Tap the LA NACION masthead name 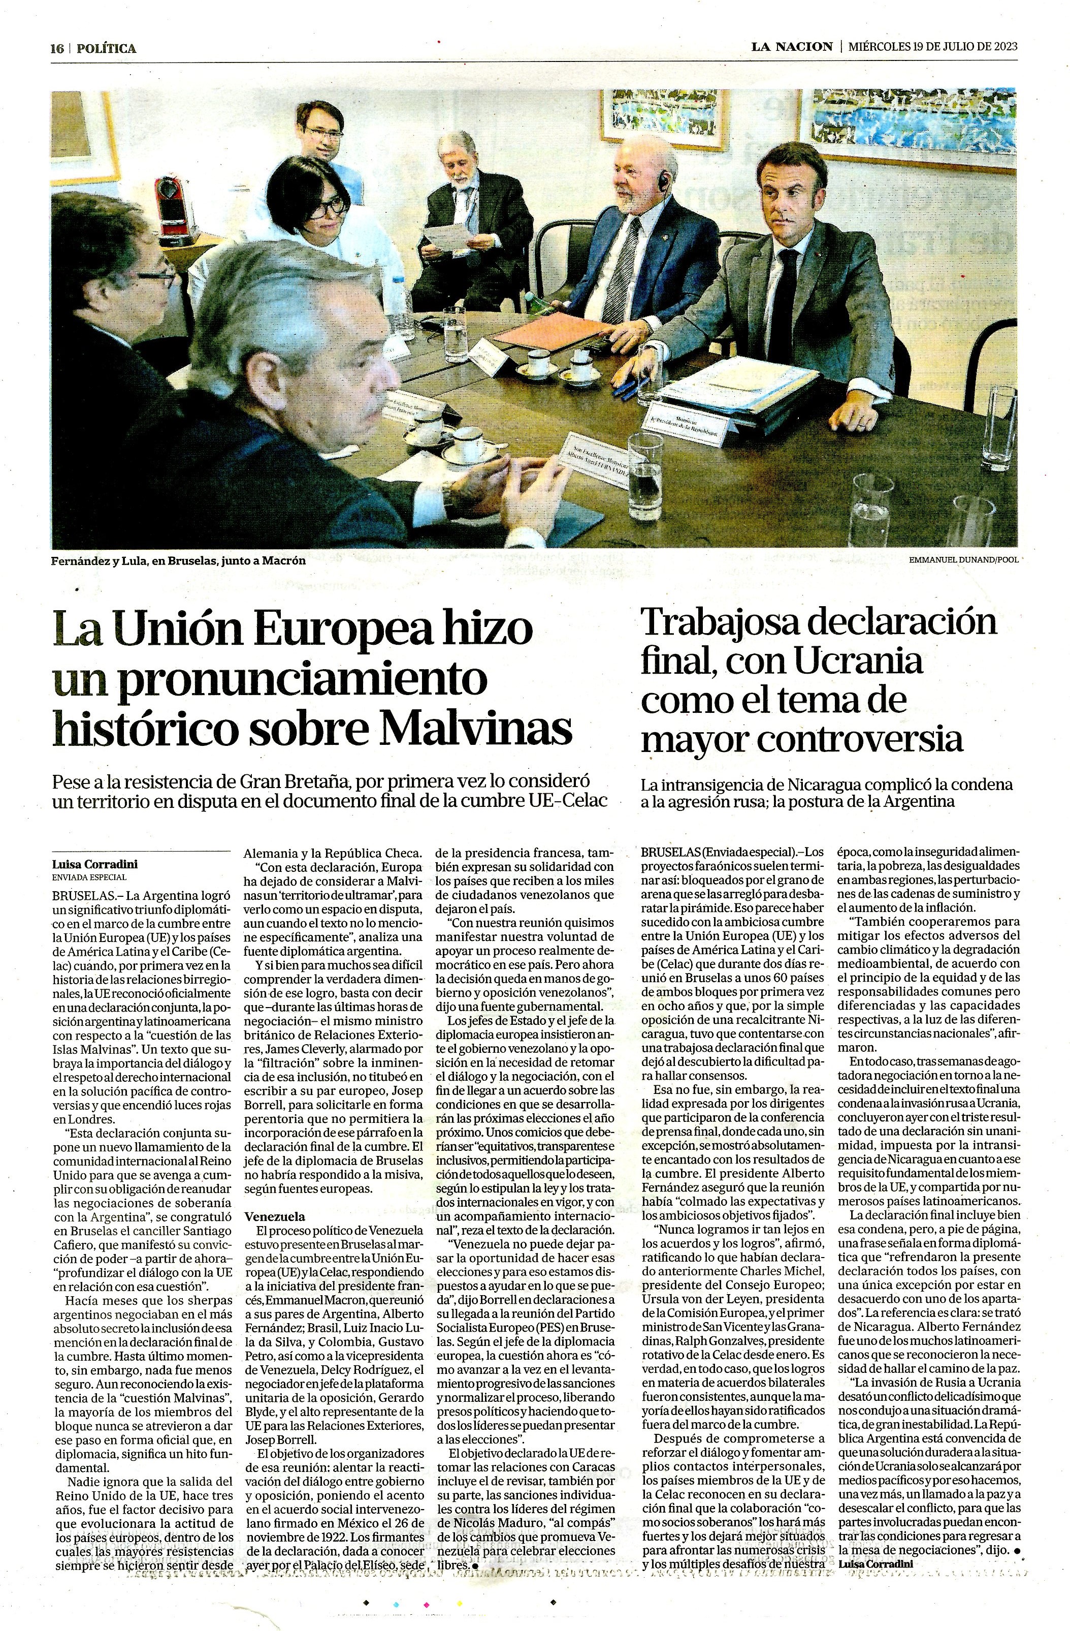tap(791, 47)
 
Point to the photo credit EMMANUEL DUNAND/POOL tap(963, 560)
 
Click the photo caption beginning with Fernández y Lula tap(178, 560)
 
